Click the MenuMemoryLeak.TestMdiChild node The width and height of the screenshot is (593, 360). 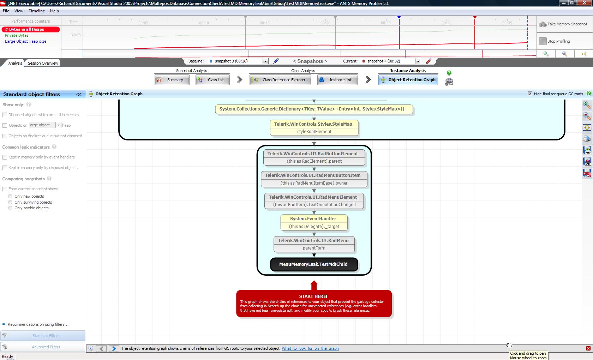(314, 264)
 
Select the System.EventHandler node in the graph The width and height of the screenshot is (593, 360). (314, 222)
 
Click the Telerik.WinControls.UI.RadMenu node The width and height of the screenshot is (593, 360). (314, 244)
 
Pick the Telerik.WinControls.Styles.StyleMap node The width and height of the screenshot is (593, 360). (314, 128)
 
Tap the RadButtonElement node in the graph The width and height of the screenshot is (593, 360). (314, 157)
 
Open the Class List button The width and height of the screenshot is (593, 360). (212, 80)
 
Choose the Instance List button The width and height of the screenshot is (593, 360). (337, 80)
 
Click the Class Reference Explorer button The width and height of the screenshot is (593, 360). (280, 80)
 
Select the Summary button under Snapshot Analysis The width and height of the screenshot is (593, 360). (172, 80)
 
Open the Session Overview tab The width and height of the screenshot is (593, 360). (43, 63)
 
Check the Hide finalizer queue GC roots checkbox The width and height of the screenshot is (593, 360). (530, 94)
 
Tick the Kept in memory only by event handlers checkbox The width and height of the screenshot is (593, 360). (5, 157)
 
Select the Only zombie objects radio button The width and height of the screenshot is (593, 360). (10, 208)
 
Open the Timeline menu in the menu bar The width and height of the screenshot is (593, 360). (37, 11)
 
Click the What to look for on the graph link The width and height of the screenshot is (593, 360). (310, 348)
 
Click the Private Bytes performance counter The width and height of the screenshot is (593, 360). (16, 35)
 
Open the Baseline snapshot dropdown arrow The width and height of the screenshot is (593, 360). (265, 61)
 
